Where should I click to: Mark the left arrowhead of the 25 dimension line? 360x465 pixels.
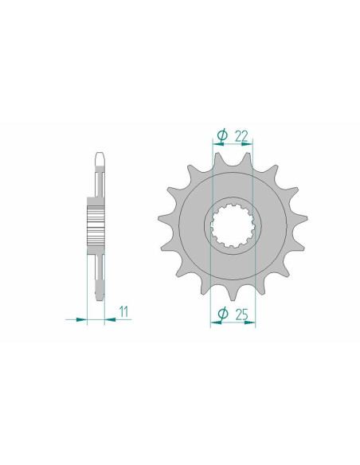coord(214,323)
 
